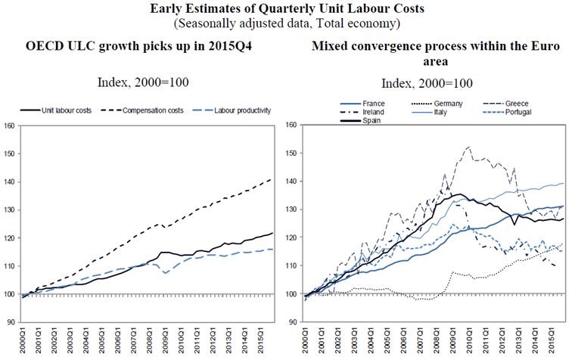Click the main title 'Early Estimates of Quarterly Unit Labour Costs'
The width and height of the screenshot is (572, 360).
285,9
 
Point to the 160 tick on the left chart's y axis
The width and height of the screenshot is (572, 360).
9,125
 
